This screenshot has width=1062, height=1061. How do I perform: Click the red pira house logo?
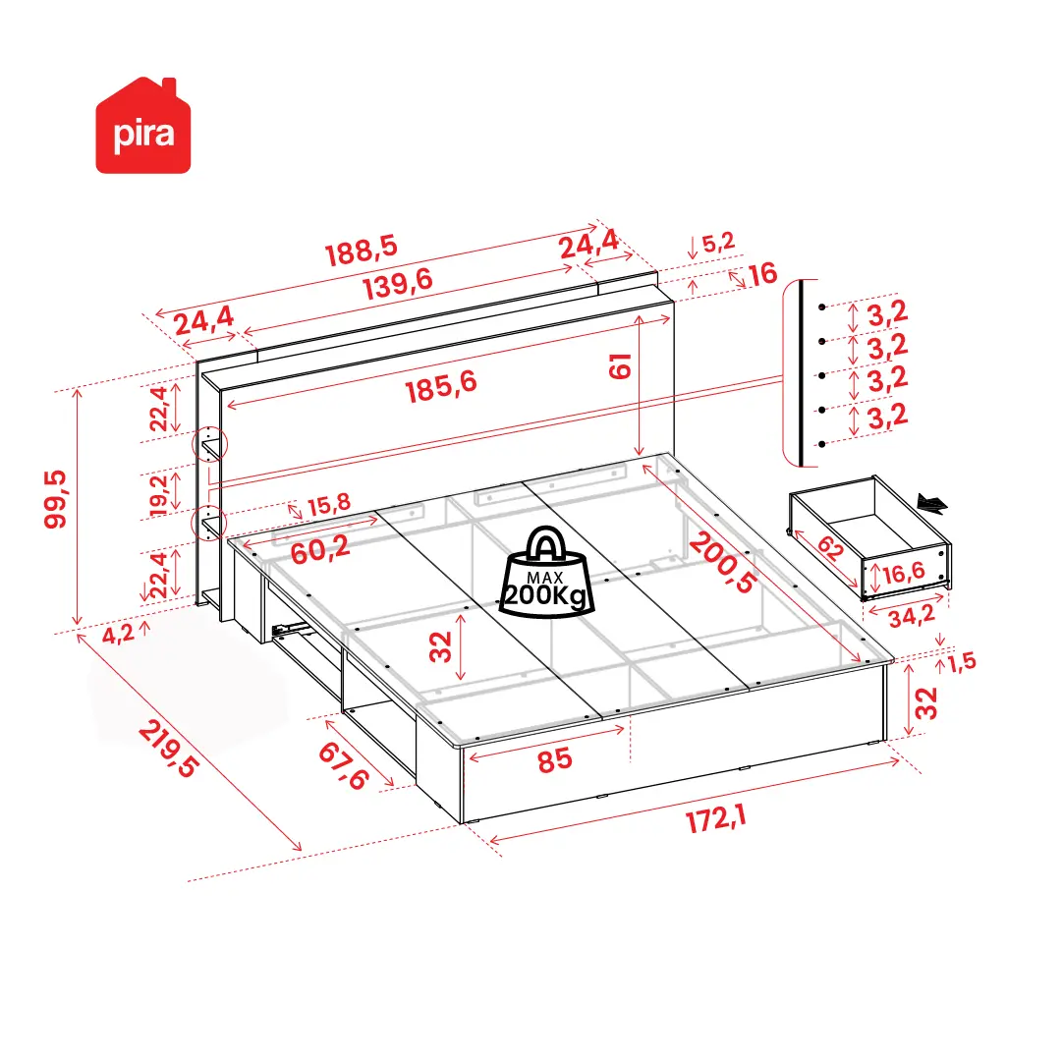click(142, 126)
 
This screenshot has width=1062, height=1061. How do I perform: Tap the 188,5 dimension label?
click(361, 251)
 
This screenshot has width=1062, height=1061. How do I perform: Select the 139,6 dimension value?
click(398, 283)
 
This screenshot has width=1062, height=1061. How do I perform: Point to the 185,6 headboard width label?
click(441, 387)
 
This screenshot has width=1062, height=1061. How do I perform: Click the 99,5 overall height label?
click(56, 499)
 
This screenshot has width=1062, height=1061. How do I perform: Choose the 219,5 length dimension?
click(169, 749)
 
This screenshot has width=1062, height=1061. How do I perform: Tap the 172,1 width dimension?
click(716, 818)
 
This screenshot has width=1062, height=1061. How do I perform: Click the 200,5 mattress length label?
click(723, 563)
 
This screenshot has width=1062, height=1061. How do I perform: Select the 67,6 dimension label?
click(344, 765)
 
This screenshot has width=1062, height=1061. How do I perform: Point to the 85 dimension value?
click(555, 760)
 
